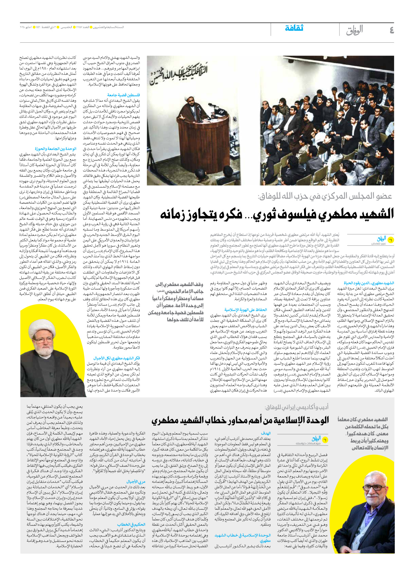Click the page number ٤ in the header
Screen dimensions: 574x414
point(391,30)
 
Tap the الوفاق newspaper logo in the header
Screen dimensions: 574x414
point(354,30)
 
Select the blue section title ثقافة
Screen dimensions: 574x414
point(294,28)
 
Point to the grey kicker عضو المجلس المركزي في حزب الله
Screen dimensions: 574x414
point(325,196)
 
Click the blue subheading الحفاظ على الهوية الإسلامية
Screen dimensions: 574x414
point(245,310)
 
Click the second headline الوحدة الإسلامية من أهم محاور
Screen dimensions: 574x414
point(240,420)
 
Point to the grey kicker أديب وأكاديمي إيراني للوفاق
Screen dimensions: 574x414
point(296,407)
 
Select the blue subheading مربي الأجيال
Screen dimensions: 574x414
point(136,482)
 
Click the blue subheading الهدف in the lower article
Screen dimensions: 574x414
point(266,433)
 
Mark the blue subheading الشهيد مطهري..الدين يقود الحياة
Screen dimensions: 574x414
point(369,283)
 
